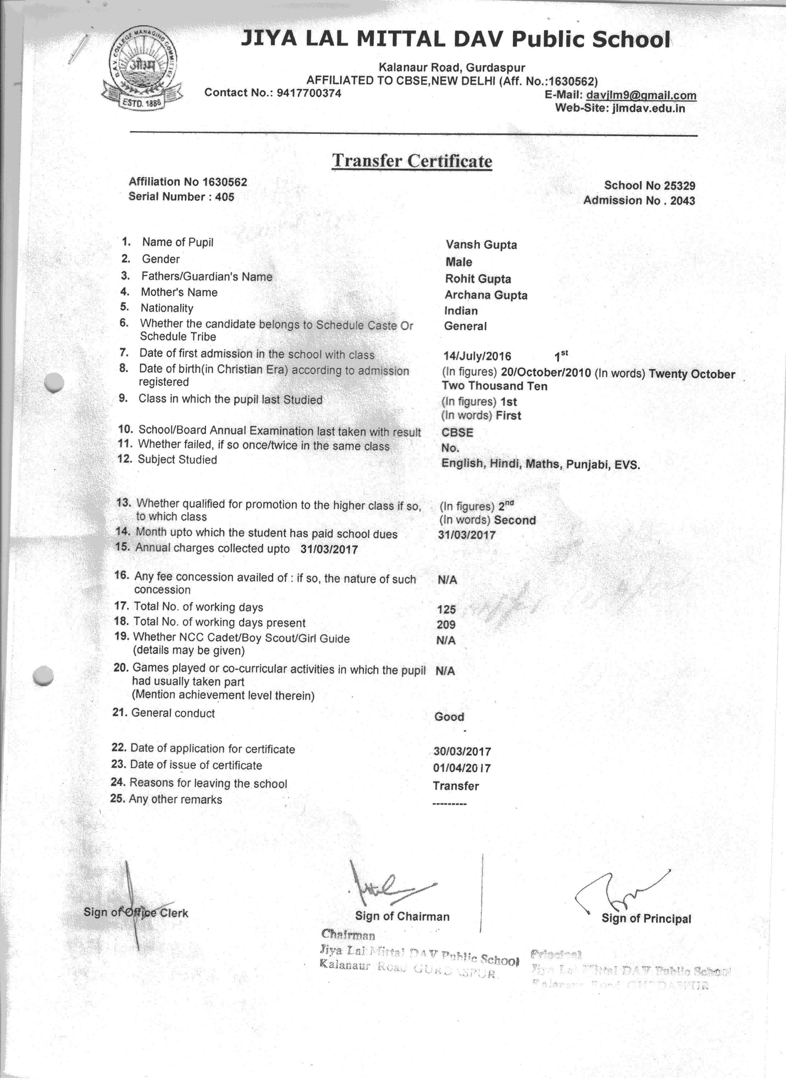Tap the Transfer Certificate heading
(412, 161)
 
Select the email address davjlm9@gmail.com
(641, 95)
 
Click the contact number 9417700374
(308, 93)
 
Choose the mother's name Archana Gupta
(486, 295)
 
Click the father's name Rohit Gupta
(478, 279)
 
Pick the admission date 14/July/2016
(477, 357)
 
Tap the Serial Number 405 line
(181, 197)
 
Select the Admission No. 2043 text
(639, 201)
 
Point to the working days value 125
(446, 609)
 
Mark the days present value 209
(446, 625)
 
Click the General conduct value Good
(449, 717)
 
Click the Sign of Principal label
(646, 919)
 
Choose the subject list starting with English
(540, 464)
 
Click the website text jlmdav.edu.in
(648, 109)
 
